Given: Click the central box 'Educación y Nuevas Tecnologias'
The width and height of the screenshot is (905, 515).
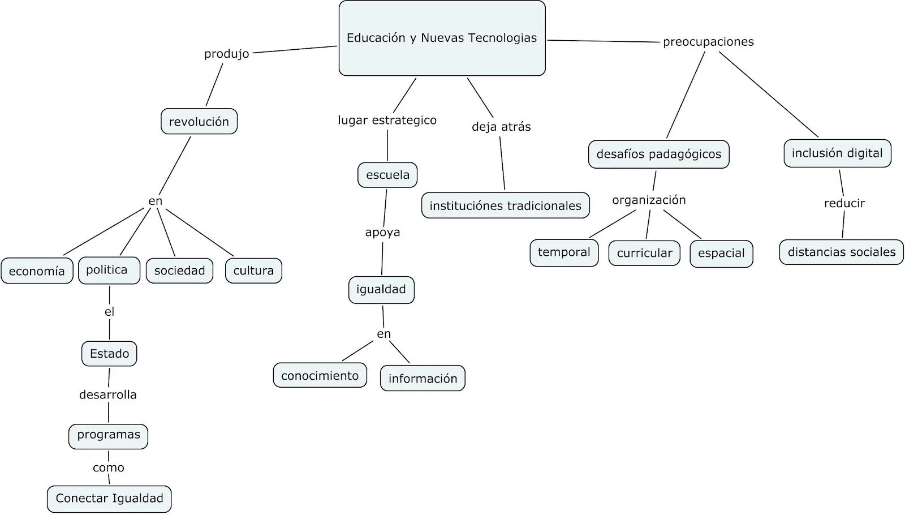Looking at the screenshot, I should pyautogui.click(x=442, y=38).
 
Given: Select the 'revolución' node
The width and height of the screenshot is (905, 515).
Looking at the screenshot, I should pyautogui.click(x=199, y=122).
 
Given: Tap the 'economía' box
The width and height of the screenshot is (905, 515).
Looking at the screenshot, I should pyautogui.click(x=37, y=271).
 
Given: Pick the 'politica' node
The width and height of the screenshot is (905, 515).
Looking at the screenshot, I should pyautogui.click(x=109, y=270).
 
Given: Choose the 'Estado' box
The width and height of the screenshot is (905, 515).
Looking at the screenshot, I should pyautogui.click(x=109, y=354).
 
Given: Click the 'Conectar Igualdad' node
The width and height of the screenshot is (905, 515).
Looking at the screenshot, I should pyautogui.click(x=109, y=499).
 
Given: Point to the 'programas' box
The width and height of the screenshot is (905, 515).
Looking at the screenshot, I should pyautogui.click(x=109, y=435).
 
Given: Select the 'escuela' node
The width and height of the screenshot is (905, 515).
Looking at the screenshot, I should pyautogui.click(x=387, y=175).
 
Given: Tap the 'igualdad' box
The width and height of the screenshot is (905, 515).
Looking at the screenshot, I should pyautogui.click(x=381, y=290).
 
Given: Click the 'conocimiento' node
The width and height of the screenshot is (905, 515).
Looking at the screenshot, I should pyautogui.click(x=320, y=376).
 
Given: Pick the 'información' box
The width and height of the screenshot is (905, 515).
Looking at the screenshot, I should pyautogui.click(x=423, y=379).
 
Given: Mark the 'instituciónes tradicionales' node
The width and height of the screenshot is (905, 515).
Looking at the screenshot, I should pyautogui.click(x=505, y=205).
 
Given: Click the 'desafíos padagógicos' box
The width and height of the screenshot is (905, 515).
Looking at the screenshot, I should pyautogui.click(x=659, y=154).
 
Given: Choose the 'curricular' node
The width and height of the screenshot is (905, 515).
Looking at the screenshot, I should pyautogui.click(x=644, y=253).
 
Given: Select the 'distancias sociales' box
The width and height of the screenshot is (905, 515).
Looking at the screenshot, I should pyautogui.click(x=841, y=252).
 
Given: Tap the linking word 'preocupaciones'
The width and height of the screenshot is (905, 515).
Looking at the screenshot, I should pyautogui.click(x=708, y=42).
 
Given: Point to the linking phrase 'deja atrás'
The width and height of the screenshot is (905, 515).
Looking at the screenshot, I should pyautogui.click(x=501, y=127).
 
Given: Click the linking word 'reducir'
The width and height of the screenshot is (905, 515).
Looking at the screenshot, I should pyautogui.click(x=844, y=203).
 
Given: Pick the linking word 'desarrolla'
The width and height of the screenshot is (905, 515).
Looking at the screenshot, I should pyautogui.click(x=108, y=394).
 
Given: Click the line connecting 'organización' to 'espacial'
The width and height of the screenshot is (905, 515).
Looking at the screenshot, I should pyautogui.click(x=682, y=224).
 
